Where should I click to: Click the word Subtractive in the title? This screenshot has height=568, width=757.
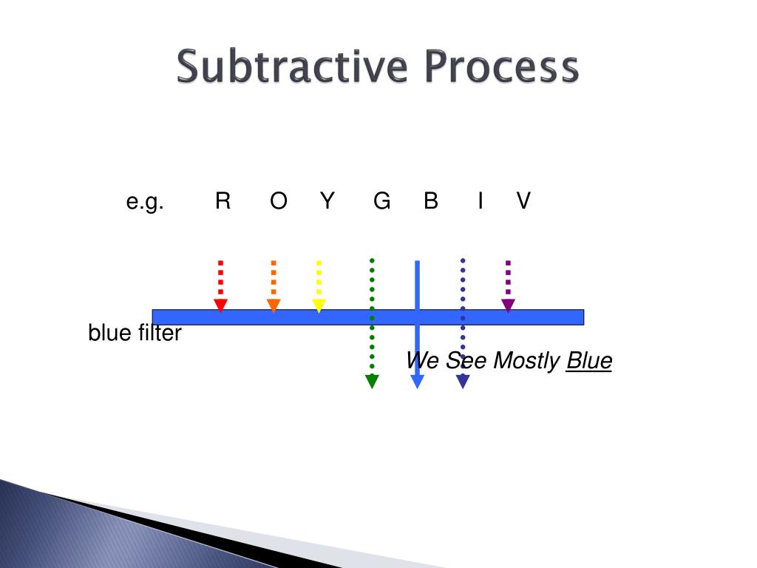(292, 67)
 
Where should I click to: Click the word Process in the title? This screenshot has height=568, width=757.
(502, 67)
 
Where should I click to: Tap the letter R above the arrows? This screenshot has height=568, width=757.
(223, 200)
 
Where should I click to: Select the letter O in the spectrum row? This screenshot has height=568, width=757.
(279, 200)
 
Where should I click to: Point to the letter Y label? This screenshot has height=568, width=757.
(327, 200)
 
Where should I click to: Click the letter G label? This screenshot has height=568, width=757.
(381, 200)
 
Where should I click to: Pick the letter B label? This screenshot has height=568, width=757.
(431, 200)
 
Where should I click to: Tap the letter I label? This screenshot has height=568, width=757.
(481, 200)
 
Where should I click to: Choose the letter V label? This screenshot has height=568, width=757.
(523, 200)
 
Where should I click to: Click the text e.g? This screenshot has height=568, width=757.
(145, 201)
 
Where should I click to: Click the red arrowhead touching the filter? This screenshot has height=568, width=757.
(220, 305)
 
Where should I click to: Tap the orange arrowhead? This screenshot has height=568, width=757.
(274, 305)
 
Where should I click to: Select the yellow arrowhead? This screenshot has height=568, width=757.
(319, 305)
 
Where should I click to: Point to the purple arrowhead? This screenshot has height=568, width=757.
(508, 305)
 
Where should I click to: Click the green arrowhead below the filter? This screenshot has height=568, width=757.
(372, 382)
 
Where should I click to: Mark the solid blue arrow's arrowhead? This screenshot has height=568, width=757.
(417, 382)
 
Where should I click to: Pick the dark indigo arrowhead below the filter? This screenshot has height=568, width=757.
(463, 382)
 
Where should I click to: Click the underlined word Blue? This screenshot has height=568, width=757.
(589, 361)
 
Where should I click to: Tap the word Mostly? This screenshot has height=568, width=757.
(526, 361)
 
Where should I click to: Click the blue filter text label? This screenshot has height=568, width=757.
(135, 334)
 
